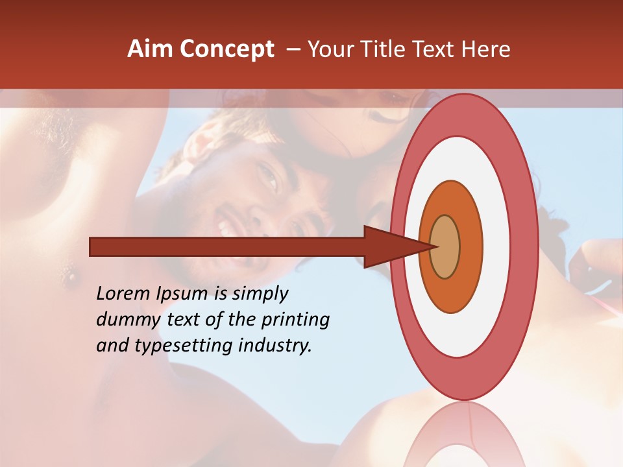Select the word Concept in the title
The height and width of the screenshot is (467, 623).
(227, 49)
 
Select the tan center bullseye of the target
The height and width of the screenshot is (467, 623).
(445, 247)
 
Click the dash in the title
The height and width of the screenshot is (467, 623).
(293, 49)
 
